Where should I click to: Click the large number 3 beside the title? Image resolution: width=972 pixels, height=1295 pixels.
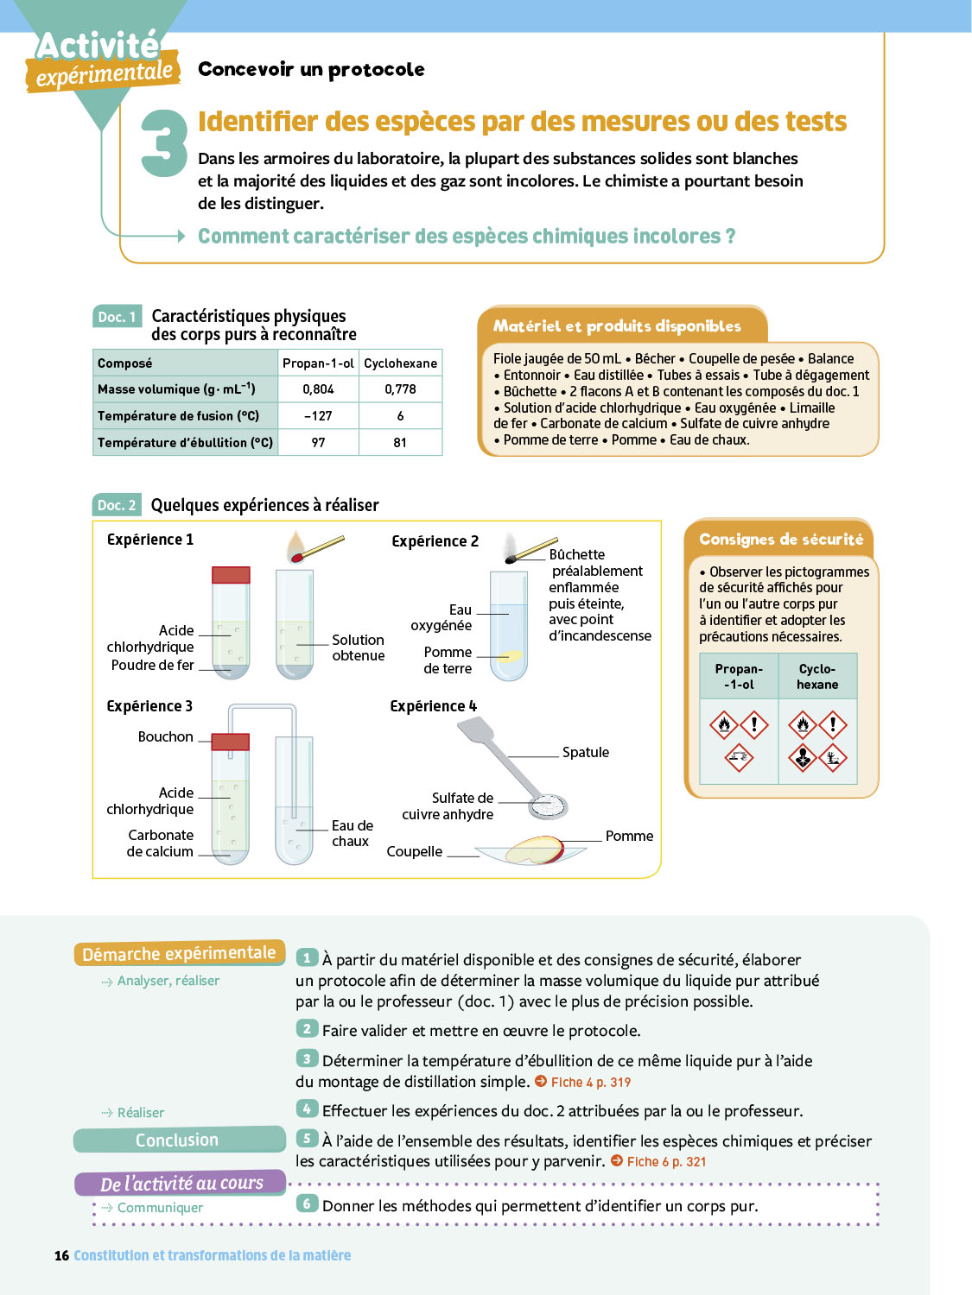[164, 143]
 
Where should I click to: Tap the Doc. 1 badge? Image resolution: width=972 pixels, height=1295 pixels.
[117, 317]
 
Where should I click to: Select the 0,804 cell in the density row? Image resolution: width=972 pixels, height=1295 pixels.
[318, 389]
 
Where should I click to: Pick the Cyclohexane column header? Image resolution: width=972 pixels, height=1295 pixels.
[400, 363]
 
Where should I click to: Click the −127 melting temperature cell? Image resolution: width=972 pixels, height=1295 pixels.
[318, 416]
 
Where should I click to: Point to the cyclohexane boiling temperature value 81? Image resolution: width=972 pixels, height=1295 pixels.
[400, 443]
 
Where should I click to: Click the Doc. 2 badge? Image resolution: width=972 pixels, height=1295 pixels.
[117, 505]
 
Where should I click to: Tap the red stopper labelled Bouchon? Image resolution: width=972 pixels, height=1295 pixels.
[231, 741]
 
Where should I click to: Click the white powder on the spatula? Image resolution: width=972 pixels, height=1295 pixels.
[548, 805]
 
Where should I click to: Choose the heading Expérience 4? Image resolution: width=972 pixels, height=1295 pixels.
[433, 706]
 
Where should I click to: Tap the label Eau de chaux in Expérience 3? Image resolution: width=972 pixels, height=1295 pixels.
[352, 833]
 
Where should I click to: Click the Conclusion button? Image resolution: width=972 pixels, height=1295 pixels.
[178, 1140]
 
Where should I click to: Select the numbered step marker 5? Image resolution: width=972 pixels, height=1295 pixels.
[307, 1139]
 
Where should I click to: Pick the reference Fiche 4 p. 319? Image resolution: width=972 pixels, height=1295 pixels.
[590, 1083]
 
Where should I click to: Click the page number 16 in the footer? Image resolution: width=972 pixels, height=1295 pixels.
[61, 1255]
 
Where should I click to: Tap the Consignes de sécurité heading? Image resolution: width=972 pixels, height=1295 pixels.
[780, 540]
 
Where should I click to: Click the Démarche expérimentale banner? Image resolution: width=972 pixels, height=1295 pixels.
[179, 953]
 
